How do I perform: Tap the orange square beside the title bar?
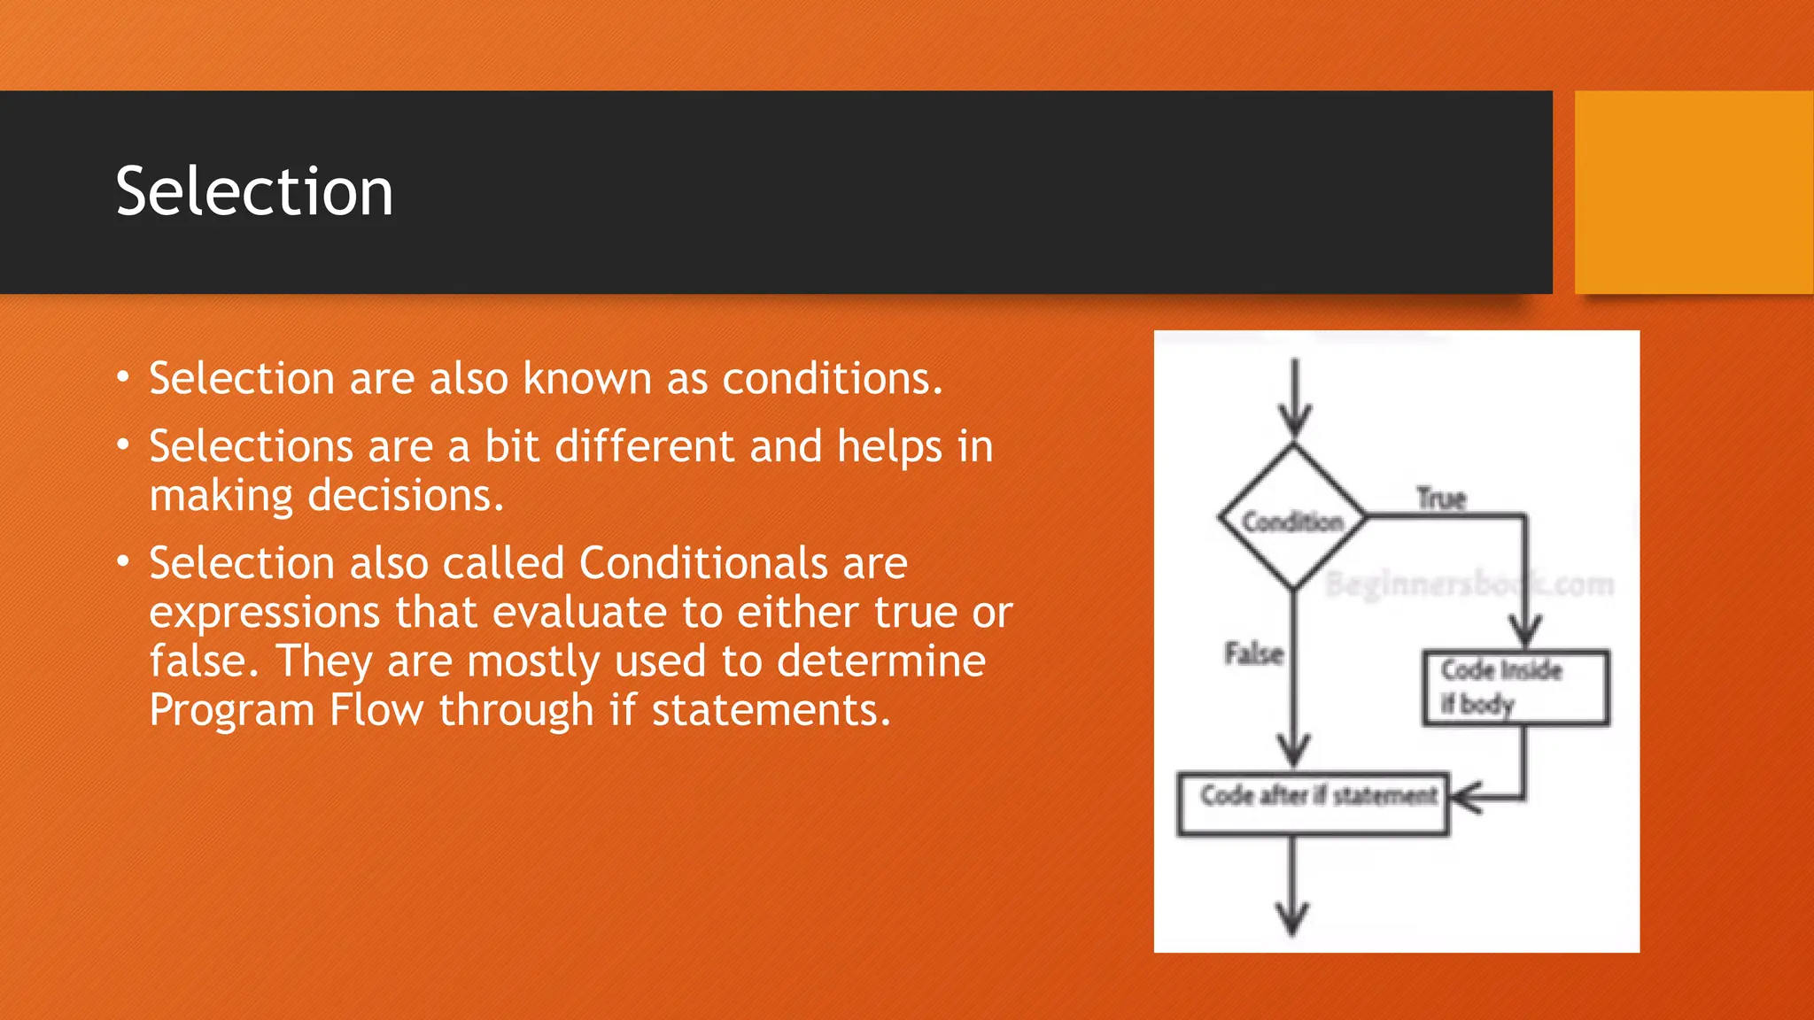pyautogui.click(x=1693, y=192)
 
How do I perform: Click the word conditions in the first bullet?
pyautogui.click(x=832, y=379)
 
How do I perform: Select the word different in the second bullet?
pyautogui.click(x=644, y=446)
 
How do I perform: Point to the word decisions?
pyautogui.click(x=405, y=496)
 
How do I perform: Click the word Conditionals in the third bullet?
pyautogui.click(x=743, y=563)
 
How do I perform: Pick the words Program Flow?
pyautogui.click(x=286, y=710)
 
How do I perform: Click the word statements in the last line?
pyautogui.click(x=771, y=710)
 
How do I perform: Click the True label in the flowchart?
pyautogui.click(x=1441, y=498)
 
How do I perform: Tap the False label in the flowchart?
pyautogui.click(x=1253, y=653)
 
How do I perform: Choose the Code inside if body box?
pyautogui.click(x=1516, y=688)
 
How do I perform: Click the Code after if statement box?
pyautogui.click(x=1313, y=803)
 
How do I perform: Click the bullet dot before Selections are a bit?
pyautogui.click(x=123, y=444)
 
